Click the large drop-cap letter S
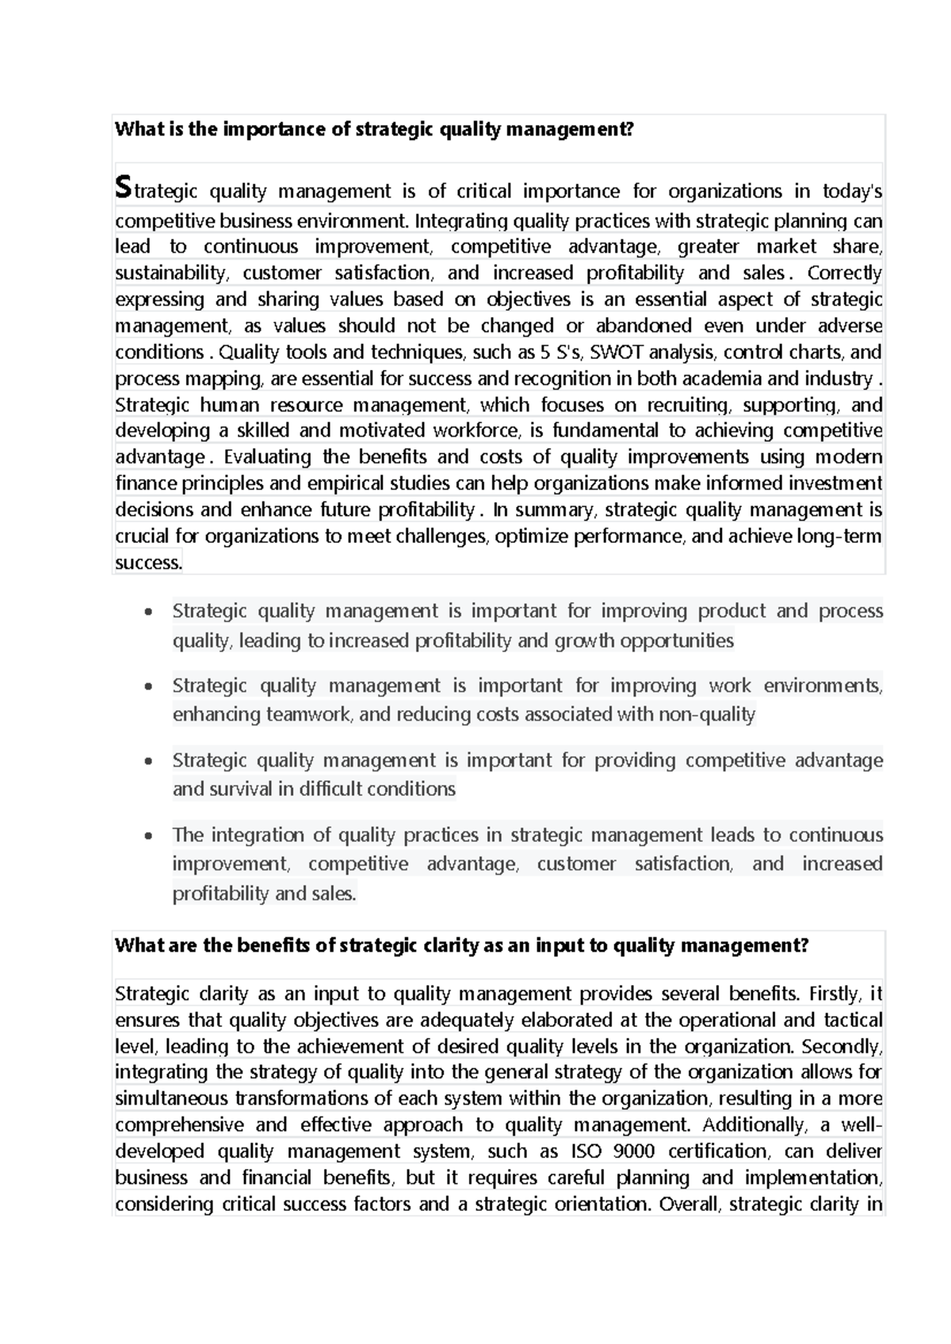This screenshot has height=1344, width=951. click(x=122, y=188)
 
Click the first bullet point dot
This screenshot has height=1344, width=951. click(x=148, y=613)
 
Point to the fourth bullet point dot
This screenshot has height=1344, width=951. click(x=148, y=836)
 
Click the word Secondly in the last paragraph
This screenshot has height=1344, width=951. click(x=842, y=1046)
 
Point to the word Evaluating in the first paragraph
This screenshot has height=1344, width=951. click(x=267, y=456)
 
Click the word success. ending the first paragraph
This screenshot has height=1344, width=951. click(x=148, y=563)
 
